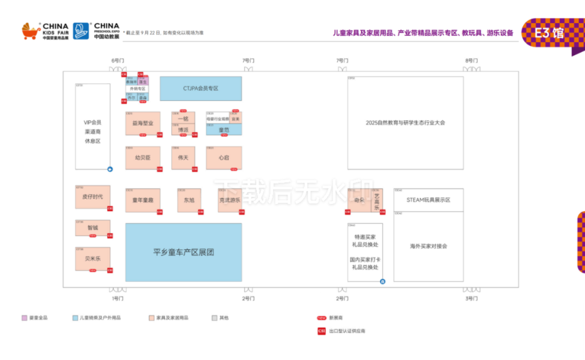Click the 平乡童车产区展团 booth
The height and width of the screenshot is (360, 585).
(x=184, y=252)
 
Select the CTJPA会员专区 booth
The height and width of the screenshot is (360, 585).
(x=200, y=88)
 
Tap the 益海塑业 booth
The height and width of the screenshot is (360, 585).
(x=143, y=123)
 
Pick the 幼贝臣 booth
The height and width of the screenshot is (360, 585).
(x=143, y=158)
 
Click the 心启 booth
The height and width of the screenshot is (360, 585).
(x=224, y=158)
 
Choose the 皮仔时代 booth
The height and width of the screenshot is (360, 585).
(x=93, y=197)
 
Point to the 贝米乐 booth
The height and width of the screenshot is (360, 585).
(x=93, y=259)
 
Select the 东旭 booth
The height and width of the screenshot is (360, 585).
(x=189, y=200)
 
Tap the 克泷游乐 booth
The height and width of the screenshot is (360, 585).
(x=230, y=200)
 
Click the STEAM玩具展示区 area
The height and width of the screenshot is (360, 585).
(x=428, y=200)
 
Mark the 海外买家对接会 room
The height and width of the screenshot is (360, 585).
(x=428, y=246)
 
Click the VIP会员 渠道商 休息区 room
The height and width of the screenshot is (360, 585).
(x=93, y=132)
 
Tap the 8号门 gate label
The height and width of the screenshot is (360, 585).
(x=472, y=61)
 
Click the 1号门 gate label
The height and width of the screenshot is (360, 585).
(x=118, y=298)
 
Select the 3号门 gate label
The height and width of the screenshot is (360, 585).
(x=472, y=298)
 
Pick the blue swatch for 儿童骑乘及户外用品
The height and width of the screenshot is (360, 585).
(x=75, y=318)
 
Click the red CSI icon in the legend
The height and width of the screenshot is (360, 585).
(x=321, y=331)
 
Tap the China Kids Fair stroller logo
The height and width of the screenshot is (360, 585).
(x=31, y=31)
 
